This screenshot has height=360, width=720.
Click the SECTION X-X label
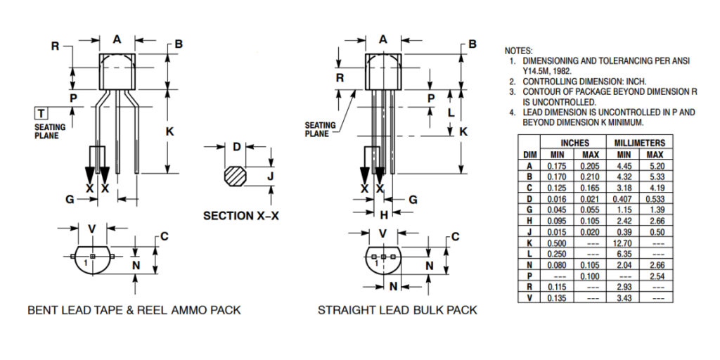[241, 216]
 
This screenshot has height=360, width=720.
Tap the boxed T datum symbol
[41, 113]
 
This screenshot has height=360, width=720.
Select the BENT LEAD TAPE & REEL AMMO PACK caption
[134, 310]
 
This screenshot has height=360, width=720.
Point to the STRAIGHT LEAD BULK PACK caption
[397, 310]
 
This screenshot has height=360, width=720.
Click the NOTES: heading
[519, 51]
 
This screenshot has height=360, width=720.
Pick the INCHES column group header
[574, 143]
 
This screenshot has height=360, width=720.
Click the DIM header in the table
[529, 155]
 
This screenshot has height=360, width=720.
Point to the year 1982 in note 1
[560, 71]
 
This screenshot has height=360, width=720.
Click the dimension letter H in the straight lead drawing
[384, 214]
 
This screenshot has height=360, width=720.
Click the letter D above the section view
[237, 147]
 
